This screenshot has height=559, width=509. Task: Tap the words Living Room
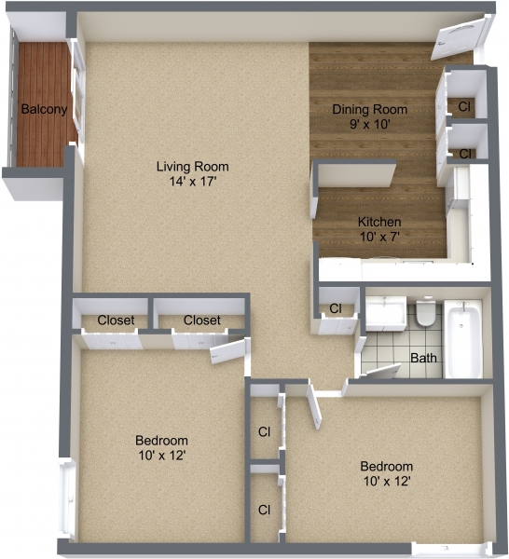(x=192, y=167)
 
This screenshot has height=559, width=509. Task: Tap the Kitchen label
(x=379, y=222)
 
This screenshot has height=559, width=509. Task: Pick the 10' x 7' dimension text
(x=379, y=237)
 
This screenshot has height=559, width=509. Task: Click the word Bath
(x=424, y=358)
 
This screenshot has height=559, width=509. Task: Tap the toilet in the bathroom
(x=425, y=314)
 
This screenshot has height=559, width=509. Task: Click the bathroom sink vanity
(x=385, y=314)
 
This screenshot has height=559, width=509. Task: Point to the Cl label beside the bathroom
(x=336, y=308)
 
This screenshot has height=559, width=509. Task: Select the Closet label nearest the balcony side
(x=116, y=320)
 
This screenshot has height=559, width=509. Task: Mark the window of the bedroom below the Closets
(x=66, y=494)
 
